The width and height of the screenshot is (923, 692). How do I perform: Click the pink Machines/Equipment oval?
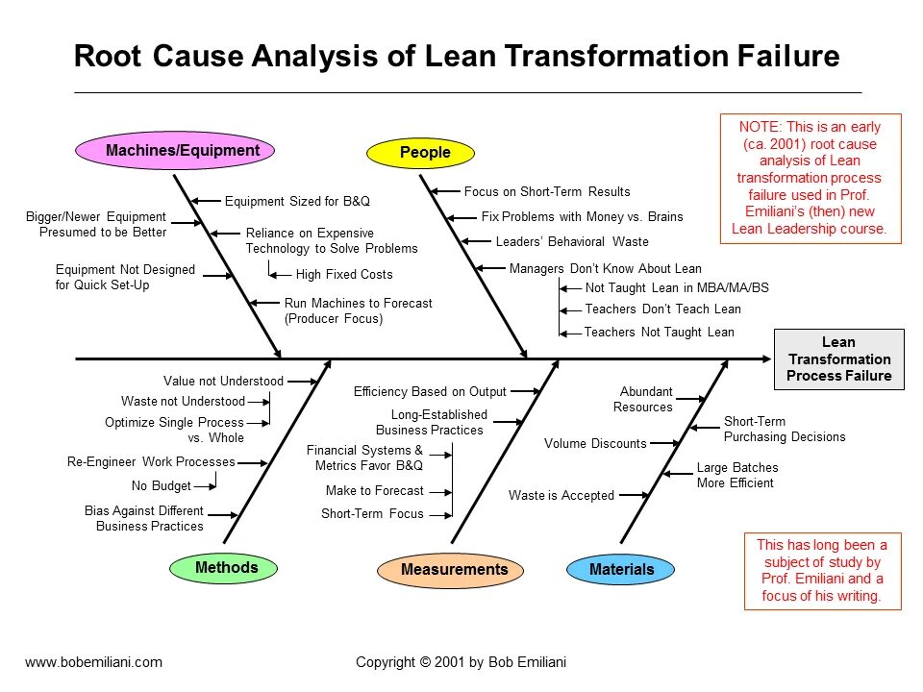(175, 150)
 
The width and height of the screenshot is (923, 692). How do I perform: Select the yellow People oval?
(424, 152)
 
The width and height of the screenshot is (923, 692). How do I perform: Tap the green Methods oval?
(226, 568)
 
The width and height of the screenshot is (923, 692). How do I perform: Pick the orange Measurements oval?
(454, 570)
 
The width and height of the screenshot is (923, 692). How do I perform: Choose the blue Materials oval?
(621, 570)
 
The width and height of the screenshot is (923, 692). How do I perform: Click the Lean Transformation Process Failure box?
(838, 358)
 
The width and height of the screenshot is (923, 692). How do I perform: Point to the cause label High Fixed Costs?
(344, 275)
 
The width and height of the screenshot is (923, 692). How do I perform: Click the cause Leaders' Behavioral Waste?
(571, 242)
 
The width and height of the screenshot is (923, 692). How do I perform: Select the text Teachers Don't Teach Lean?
(662, 309)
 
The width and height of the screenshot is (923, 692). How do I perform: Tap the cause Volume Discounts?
(595, 444)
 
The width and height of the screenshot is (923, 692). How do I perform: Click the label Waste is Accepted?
(561, 496)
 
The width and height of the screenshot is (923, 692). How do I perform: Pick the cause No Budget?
(161, 486)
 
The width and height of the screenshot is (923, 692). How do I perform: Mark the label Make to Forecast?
(374, 491)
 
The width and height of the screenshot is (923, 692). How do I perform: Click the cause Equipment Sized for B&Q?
(297, 202)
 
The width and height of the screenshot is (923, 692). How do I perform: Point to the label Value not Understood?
(223, 382)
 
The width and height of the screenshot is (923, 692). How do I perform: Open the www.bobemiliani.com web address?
(93, 661)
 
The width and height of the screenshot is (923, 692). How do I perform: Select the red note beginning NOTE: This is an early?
(809, 178)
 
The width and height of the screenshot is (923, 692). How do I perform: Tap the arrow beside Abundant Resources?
(692, 396)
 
